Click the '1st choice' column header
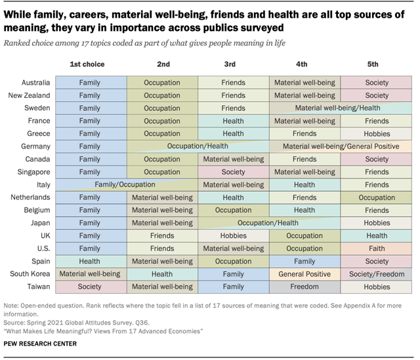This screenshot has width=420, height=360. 87,64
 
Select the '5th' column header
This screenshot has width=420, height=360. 373,64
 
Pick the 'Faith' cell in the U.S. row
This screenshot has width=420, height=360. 376,248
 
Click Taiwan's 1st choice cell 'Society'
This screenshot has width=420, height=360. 90,286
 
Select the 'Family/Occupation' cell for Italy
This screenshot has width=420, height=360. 125,185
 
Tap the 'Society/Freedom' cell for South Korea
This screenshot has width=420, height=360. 376,274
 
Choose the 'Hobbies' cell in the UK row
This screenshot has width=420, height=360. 233,236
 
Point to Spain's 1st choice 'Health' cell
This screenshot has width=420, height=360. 90,261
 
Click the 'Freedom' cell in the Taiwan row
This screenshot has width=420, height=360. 304,286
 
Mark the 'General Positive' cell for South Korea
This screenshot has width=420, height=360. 304,274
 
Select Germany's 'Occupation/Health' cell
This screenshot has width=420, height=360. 198,146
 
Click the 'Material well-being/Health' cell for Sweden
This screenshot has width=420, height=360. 337,108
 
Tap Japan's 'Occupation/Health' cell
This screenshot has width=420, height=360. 268,223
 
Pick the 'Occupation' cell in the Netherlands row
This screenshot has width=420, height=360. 376,198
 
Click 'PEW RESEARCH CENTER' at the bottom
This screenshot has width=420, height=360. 40,344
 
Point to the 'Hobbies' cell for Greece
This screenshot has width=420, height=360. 376,134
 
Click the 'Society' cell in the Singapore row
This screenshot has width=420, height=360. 233,172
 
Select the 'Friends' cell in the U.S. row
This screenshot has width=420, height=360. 161,248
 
